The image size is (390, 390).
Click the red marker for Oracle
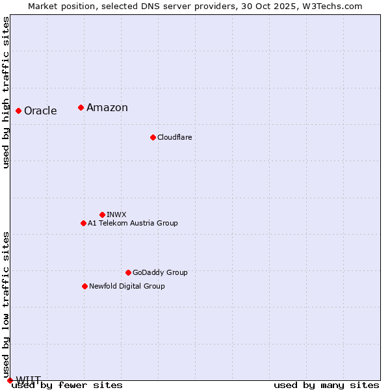tap(18, 110)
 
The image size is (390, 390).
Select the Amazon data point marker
tap(81, 107)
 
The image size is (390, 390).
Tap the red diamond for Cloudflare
tap(153, 137)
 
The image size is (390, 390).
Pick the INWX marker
tap(102, 214)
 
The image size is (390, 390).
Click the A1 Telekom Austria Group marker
tap(83, 223)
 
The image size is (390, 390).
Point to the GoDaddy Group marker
tap(128, 272)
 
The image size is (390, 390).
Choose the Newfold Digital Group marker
tap(84, 286)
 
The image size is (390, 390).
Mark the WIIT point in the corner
tap(9, 380)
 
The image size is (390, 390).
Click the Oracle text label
tap(40, 110)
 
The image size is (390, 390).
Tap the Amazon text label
tap(107, 108)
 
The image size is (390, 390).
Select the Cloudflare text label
tap(174, 137)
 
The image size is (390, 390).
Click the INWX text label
tap(116, 214)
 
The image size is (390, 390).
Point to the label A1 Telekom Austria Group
tap(133, 223)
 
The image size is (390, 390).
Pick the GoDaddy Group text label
tap(160, 272)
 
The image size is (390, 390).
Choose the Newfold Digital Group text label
tap(127, 286)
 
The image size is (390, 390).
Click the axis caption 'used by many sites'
tap(326, 385)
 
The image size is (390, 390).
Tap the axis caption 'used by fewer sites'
tap(68, 385)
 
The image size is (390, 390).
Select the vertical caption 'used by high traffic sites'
tap(6, 92)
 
